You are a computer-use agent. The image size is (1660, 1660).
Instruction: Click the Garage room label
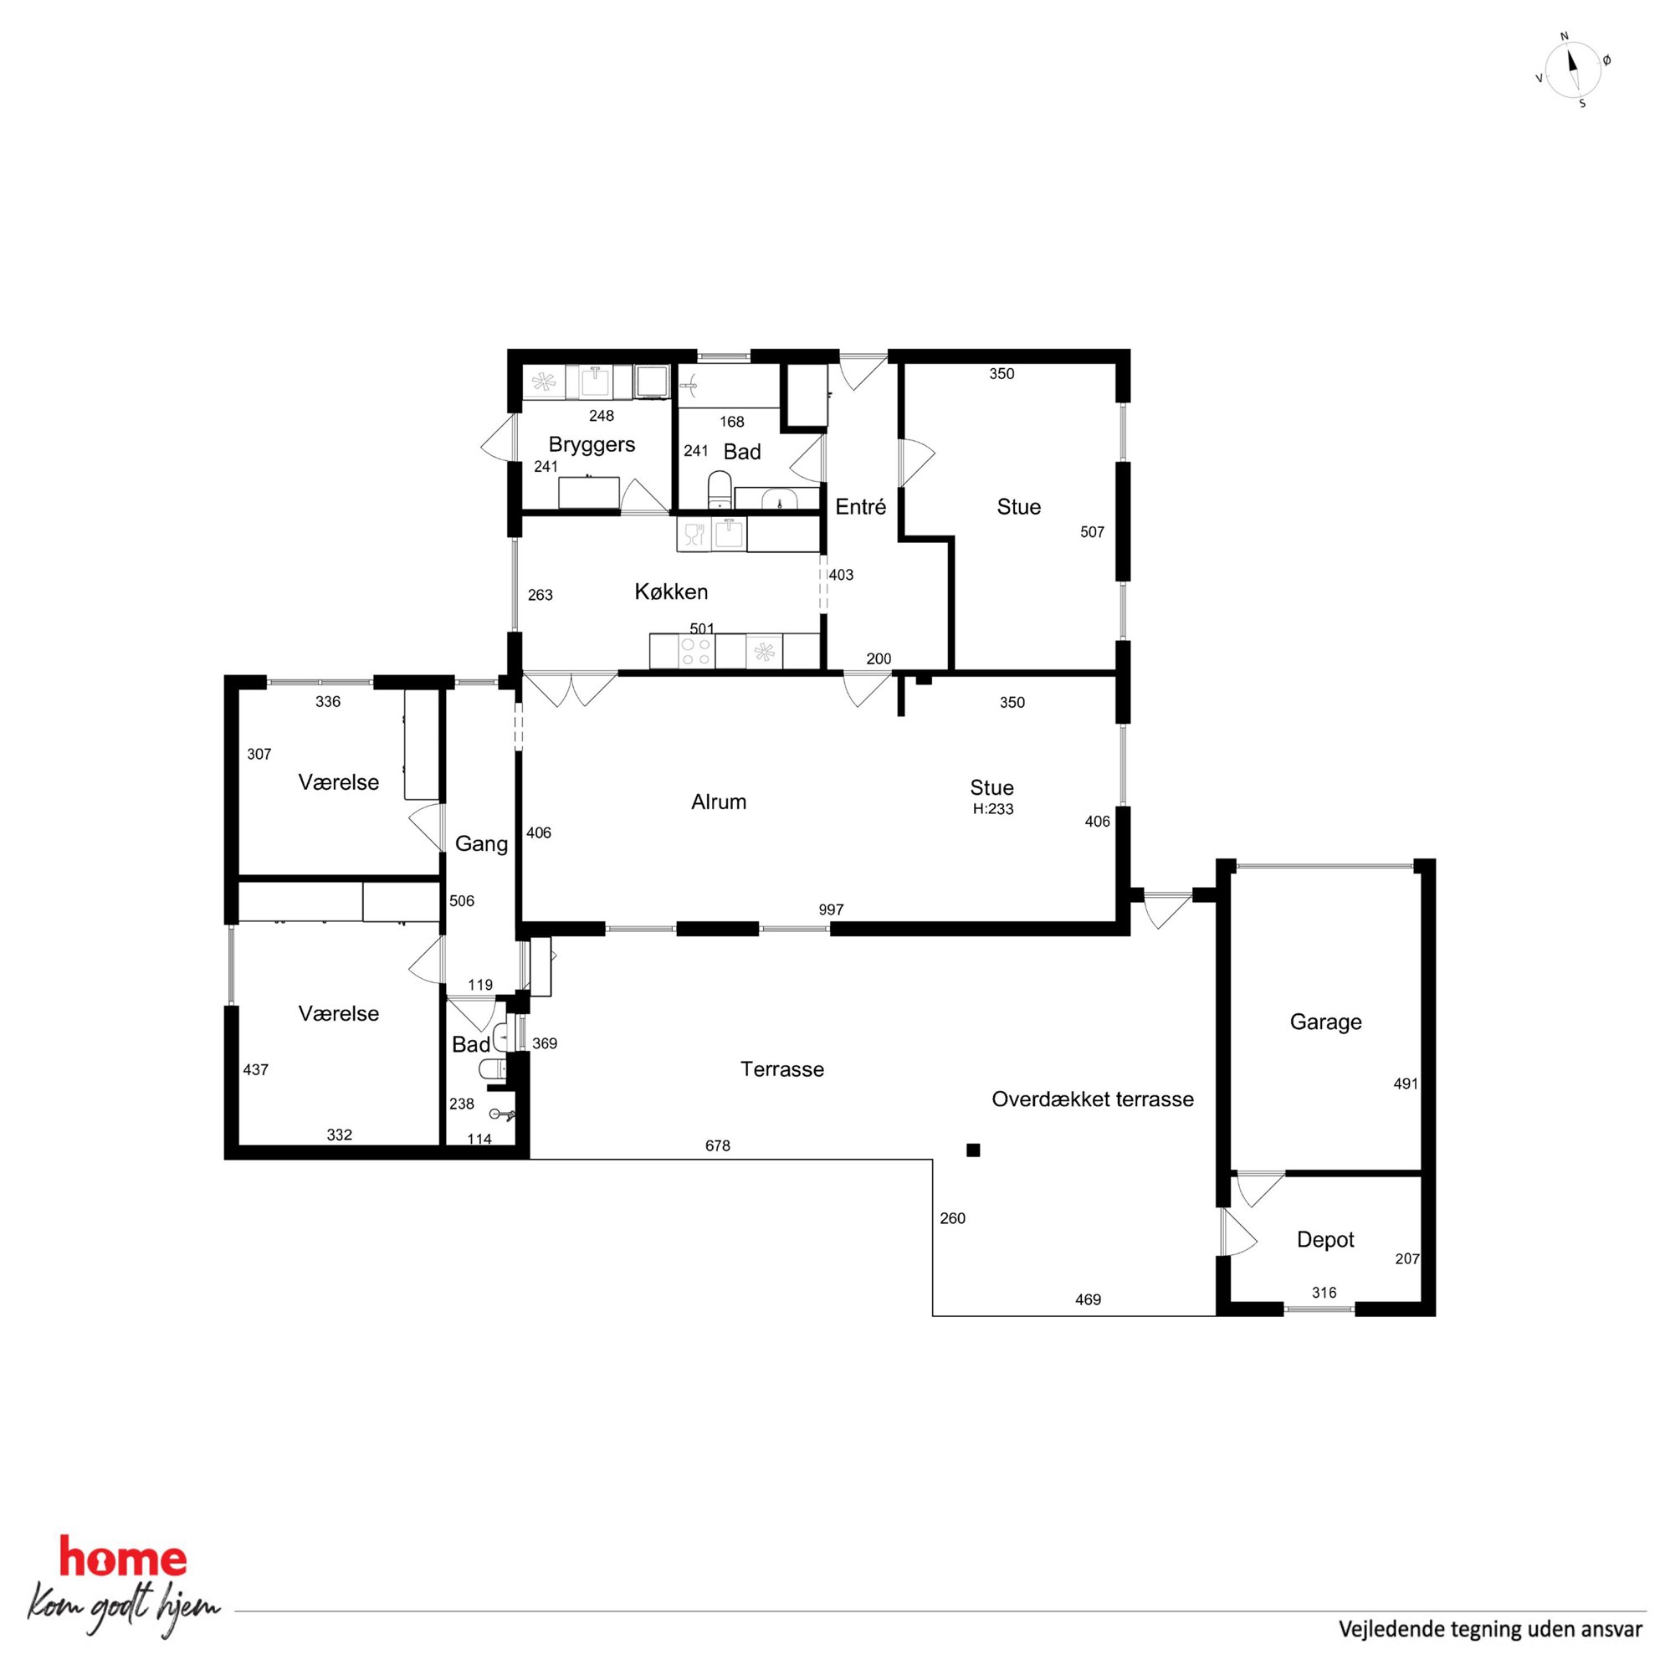(1325, 1022)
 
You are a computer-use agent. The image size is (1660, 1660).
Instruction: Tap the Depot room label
(1325, 1240)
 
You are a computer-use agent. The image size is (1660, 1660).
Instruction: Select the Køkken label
(671, 592)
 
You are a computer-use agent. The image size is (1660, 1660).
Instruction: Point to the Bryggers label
(592, 445)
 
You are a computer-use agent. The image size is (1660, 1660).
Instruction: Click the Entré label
(860, 507)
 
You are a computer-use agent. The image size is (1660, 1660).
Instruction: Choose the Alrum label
(719, 802)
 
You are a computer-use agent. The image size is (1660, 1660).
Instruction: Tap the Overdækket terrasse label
(1092, 1099)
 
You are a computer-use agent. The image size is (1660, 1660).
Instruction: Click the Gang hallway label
(481, 843)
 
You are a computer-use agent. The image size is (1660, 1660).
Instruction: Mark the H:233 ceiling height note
(993, 808)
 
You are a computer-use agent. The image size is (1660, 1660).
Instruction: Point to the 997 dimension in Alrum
(831, 909)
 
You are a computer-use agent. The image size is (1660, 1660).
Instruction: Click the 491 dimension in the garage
(1406, 1084)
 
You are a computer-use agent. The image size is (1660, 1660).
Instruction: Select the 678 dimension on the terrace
(717, 1145)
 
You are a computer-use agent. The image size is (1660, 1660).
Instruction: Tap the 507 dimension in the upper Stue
(1092, 532)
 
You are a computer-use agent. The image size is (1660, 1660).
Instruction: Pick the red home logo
(122, 1559)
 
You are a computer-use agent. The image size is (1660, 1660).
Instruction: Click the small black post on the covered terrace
(972, 1150)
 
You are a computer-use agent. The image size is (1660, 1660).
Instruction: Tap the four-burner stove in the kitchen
(695, 651)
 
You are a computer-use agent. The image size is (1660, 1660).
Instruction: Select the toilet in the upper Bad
(720, 489)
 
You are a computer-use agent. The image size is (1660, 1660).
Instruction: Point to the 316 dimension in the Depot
(1324, 1292)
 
